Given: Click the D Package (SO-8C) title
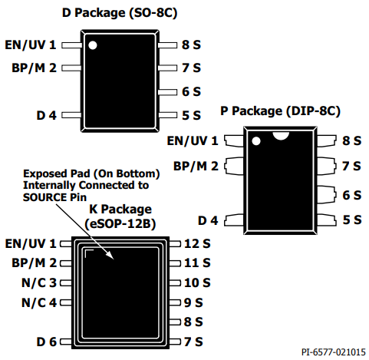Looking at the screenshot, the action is (120, 13).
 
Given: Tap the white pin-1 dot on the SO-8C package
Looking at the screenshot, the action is (93, 45).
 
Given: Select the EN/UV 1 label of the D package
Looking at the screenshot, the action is (31, 45).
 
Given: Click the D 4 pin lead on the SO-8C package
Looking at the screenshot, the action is (71, 115).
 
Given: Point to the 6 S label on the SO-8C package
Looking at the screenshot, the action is (191, 91).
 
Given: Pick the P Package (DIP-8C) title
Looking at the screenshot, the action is (280, 111).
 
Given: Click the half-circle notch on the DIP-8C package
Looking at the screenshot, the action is (281, 136).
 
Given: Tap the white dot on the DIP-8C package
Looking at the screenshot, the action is (256, 141).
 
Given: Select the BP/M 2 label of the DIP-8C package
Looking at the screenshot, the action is (196, 167).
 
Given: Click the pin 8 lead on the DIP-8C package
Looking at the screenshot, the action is (327, 140).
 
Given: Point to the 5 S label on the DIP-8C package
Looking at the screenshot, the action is (352, 220).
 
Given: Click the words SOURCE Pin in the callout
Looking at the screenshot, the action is (54, 197).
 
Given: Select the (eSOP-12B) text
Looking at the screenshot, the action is (120, 224).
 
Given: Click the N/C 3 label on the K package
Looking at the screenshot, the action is (39, 282).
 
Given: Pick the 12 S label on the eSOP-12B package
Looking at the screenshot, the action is (197, 243).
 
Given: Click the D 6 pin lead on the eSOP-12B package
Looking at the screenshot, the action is (66, 342).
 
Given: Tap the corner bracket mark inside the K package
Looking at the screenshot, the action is (89, 253).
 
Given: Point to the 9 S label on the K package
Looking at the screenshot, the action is (193, 302).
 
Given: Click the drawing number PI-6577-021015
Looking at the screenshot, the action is (334, 352).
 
